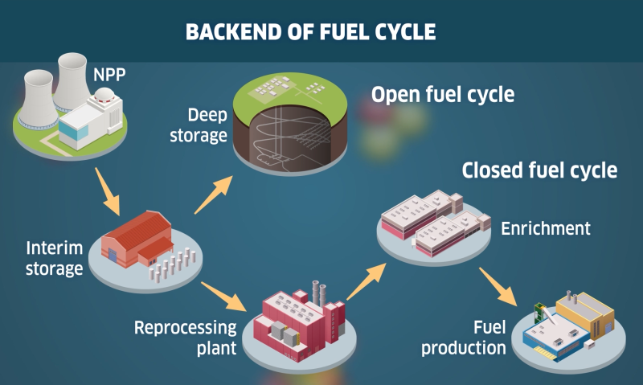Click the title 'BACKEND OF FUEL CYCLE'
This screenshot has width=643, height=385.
click(x=310, y=32)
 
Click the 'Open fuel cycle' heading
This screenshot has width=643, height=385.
click(x=442, y=95)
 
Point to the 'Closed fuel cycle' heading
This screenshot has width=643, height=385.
click(x=539, y=170)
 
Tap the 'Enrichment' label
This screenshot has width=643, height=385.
click(x=545, y=228)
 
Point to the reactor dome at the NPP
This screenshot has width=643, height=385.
click(x=103, y=96)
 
